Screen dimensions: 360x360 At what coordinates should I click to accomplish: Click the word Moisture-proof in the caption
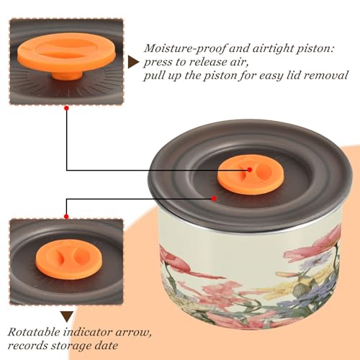[185, 49]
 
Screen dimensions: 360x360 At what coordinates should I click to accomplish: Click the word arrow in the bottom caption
[134, 333]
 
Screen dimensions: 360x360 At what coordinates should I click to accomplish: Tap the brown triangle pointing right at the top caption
[133, 63]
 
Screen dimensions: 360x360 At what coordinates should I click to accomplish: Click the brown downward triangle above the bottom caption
[67, 317]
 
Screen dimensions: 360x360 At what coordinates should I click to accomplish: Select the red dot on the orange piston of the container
[250, 170]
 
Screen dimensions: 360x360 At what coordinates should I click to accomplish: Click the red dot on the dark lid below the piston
[214, 199]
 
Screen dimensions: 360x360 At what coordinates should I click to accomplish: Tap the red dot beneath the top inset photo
[66, 109]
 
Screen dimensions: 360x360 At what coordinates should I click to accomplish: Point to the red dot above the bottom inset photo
[66, 217]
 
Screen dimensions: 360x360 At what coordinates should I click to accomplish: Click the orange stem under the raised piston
[67, 74]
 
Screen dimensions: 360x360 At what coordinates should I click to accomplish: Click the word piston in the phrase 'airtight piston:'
[315, 49]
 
